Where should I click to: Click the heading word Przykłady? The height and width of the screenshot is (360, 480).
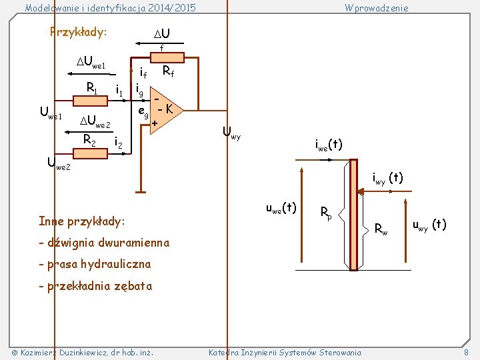tap(78, 33)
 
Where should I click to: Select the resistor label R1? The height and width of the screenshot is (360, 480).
tap(93, 87)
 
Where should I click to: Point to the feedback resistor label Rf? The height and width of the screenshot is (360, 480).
tap(168, 71)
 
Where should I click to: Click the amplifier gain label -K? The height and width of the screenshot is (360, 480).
tap(167, 108)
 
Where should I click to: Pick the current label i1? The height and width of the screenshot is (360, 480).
tap(120, 89)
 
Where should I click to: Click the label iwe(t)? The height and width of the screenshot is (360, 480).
tap(329, 144)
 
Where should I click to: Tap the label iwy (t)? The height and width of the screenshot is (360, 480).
tap(387, 179)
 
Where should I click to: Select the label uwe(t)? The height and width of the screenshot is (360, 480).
tap(281, 208)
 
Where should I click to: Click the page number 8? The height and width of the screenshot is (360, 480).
tap(467, 352)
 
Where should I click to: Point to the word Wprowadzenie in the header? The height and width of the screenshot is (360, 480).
tap(376, 8)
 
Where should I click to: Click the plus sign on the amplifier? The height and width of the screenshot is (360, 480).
tap(155, 123)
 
